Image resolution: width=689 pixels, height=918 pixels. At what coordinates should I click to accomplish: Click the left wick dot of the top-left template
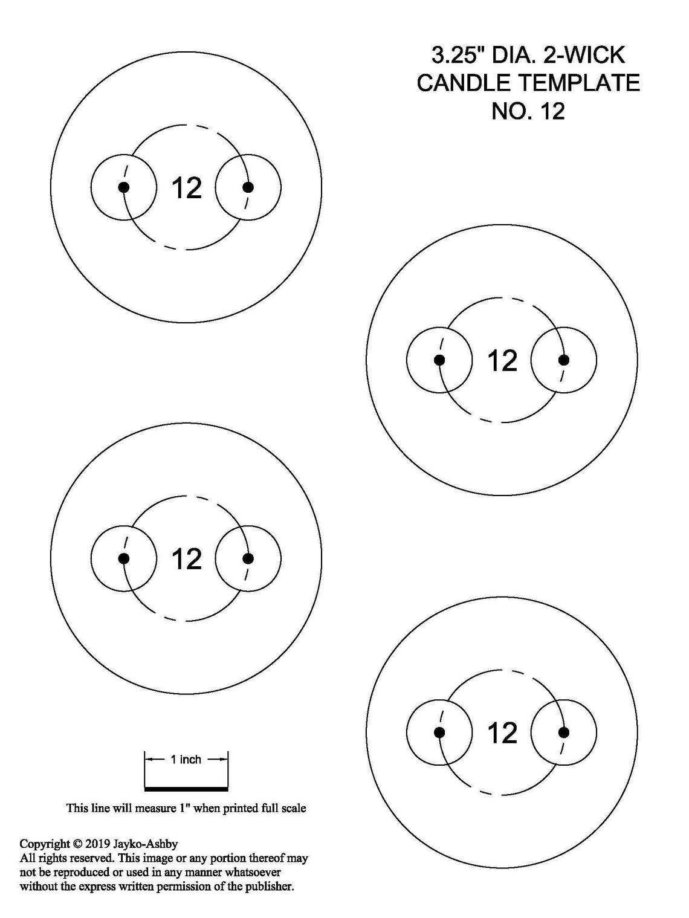pos(124,187)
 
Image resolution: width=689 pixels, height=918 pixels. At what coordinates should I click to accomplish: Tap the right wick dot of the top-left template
pos(248,187)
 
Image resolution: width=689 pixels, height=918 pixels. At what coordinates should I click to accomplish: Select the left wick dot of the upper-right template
pos(439,360)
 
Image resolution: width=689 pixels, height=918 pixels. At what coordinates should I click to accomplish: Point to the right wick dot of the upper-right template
pos(564,360)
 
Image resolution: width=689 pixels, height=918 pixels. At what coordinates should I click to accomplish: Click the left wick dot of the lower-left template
pos(124,558)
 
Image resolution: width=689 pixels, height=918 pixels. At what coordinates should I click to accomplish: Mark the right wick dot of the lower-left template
pos(248,558)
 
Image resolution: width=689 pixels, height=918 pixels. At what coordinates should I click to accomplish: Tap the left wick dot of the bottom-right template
pos(439,732)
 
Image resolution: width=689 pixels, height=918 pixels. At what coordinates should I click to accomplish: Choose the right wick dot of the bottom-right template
pos(564,732)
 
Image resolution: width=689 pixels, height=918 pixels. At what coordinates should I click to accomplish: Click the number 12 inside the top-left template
pos(187,188)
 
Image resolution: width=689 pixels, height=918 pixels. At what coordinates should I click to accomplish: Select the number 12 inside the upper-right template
pos(503,360)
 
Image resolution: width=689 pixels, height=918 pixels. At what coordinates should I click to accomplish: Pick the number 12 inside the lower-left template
pos(187,559)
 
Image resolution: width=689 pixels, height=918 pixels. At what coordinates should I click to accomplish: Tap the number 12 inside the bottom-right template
pos(503,732)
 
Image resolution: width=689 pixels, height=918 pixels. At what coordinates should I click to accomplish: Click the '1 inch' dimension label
pos(186,760)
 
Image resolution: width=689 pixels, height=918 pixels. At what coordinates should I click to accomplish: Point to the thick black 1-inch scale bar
pos(187,789)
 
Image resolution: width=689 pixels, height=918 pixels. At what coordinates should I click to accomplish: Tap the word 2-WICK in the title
pos(584,55)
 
